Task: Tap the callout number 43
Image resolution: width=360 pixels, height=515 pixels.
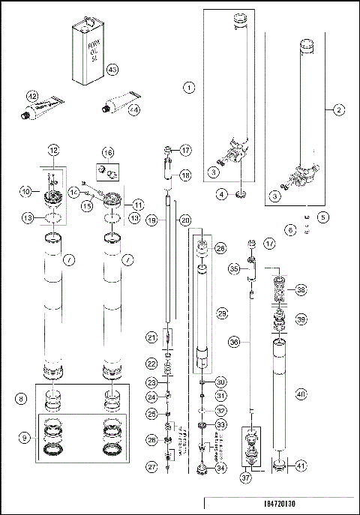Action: pyautogui.click(x=113, y=70)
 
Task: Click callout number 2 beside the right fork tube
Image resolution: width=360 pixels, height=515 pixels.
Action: pyautogui.click(x=339, y=110)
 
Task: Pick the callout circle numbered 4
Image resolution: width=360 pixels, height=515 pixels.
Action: pyautogui.click(x=222, y=195)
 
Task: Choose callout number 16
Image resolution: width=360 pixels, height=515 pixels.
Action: pyautogui.click(x=109, y=152)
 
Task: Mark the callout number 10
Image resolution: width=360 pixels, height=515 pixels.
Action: pyautogui.click(x=25, y=191)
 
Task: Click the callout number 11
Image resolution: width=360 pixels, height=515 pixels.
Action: pyautogui.click(x=139, y=205)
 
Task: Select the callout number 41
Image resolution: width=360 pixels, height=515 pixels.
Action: pyautogui.click(x=301, y=466)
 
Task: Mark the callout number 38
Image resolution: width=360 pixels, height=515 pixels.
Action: pyautogui.click(x=301, y=289)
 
